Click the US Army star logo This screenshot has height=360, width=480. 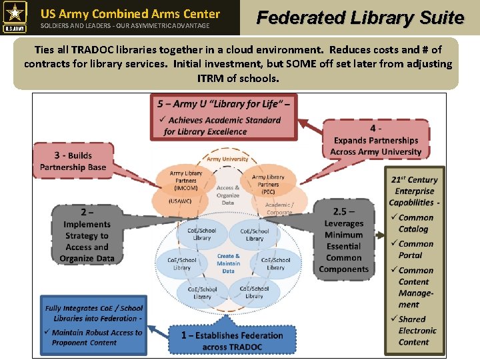(15, 17)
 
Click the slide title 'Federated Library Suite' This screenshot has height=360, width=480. (360, 18)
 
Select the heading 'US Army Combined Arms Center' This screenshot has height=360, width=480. (130, 13)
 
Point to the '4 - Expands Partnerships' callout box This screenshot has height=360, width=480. (376, 140)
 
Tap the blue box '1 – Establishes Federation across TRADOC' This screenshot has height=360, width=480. (231, 340)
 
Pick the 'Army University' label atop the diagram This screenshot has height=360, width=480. (227, 159)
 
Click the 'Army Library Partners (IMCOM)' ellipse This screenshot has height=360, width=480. (186, 181)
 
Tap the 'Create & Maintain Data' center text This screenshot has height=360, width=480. (228, 263)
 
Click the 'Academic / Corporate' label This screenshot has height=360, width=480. (279, 209)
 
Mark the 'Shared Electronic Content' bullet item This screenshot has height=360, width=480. (417, 331)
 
